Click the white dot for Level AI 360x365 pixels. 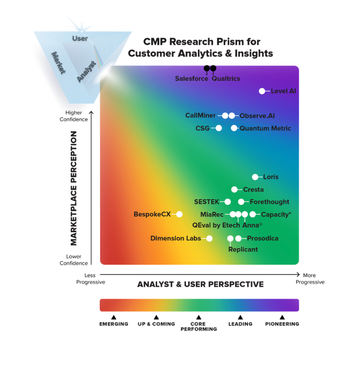pyautogui.click(x=262, y=91)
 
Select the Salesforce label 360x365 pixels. pyautogui.click(x=191, y=79)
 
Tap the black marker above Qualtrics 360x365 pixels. pyautogui.click(x=213, y=69)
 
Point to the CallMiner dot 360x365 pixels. pyautogui.click(x=225, y=116)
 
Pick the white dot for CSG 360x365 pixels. pyautogui.click(x=219, y=128)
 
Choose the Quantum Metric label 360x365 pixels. pyautogui.click(x=265, y=128)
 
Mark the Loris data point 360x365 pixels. pyautogui.click(x=255, y=177)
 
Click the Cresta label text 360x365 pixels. pyautogui.click(x=253, y=189)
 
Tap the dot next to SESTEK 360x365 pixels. pyautogui.click(x=228, y=202)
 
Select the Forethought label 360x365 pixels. pyautogui.click(x=270, y=202)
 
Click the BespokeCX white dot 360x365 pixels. pyautogui.click(x=180, y=214)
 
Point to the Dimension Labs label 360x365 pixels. pyautogui.click(x=176, y=239)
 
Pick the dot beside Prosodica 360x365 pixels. pyautogui.click(x=238, y=239)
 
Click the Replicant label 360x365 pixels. pyautogui.click(x=243, y=250)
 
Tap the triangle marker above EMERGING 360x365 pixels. pyautogui.click(x=113, y=317)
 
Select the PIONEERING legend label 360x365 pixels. pyautogui.click(x=282, y=324)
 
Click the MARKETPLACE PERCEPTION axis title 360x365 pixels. pyautogui.click(x=74, y=188)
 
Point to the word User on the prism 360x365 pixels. pyautogui.click(x=80, y=39)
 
